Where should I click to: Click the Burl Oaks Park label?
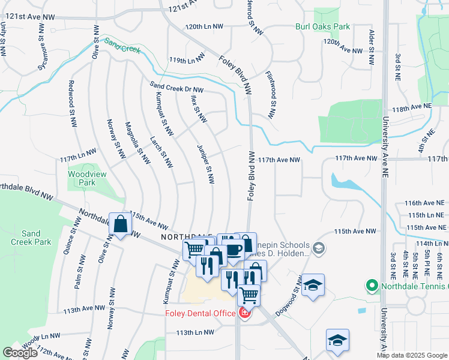coord(322,26)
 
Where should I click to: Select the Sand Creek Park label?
coord(31,238)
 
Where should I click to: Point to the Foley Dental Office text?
coord(200,313)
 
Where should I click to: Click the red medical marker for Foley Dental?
coord(244,313)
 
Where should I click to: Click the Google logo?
coord(20,353)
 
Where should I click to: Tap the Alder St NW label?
coord(372,47)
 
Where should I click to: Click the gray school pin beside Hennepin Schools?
coord(319,248)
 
